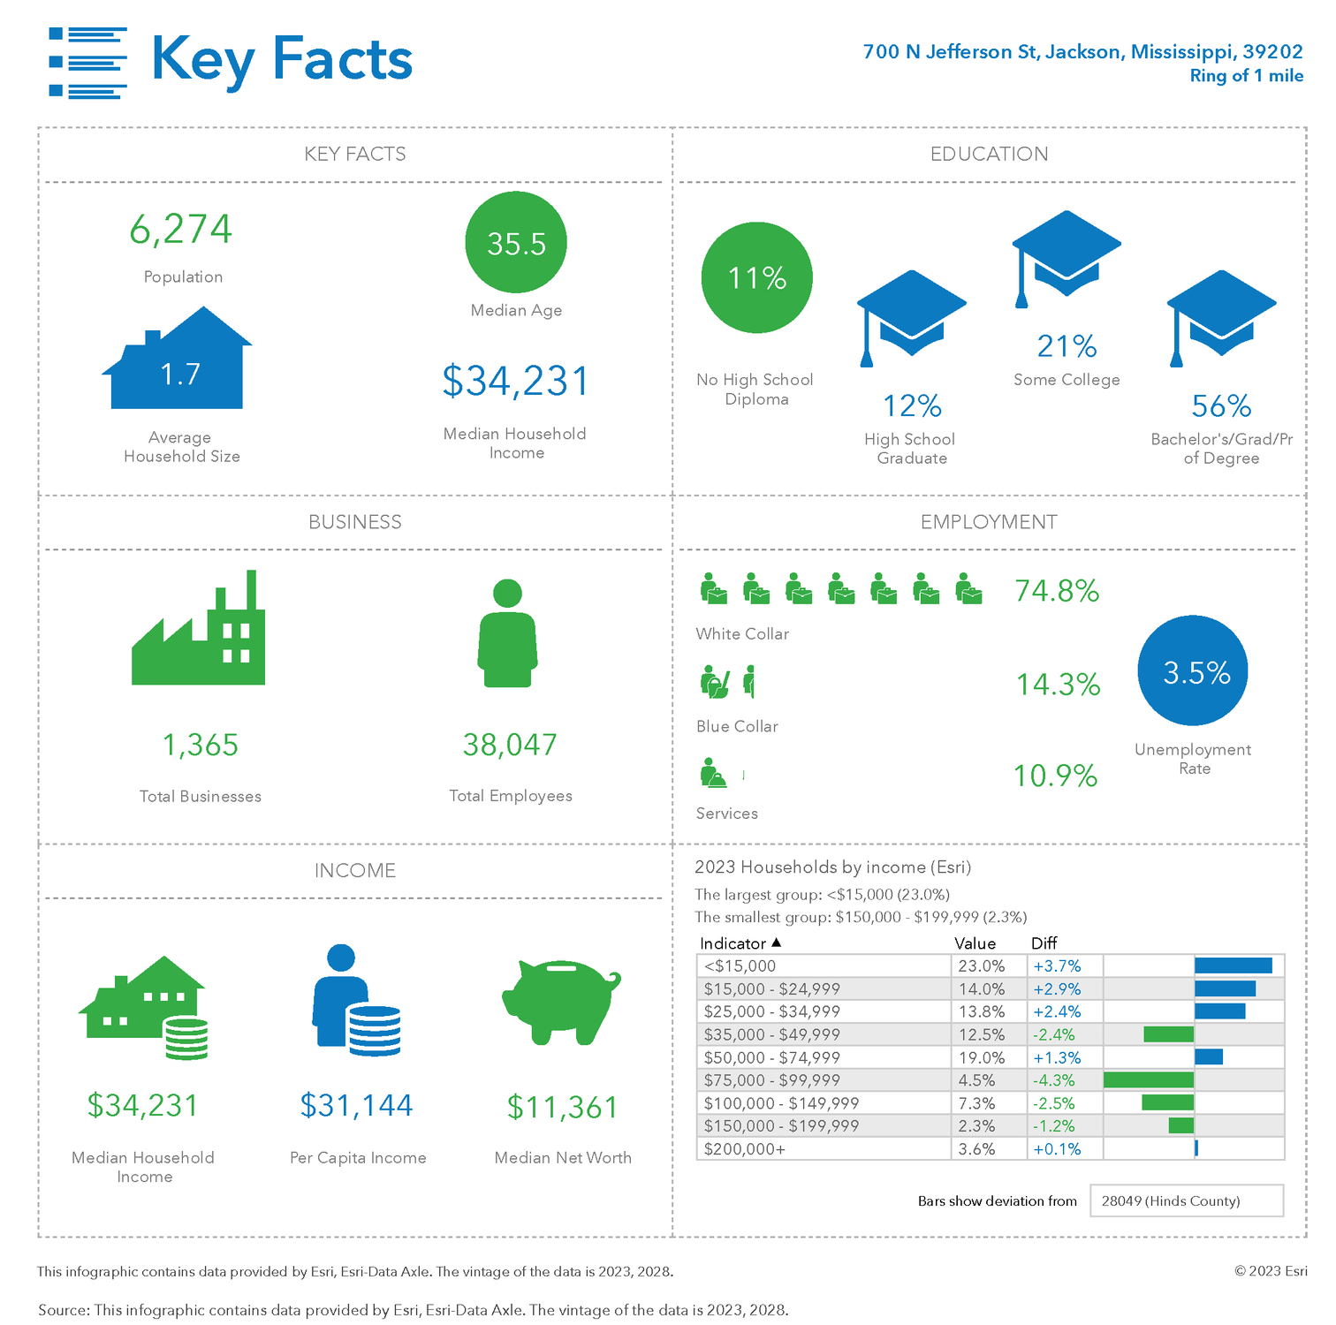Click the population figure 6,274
click(181, 230)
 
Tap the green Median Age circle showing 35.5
click(516, 243)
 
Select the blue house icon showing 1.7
click(178, 362)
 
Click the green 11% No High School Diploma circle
click(756, 277)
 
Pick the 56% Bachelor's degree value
click(1221, 406)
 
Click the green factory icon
click(199, 632)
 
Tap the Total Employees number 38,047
click(510, 745)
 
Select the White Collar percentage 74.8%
click(1057, 591)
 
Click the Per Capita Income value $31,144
click(356, 1105)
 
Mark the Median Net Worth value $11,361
click(562, 1107)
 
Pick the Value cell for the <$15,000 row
click(982, 966)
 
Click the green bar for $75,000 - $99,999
click(1149, 1079)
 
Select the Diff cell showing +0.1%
click(1057, 1149)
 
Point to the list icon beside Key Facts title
click(87, 62)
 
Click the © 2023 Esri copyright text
click(1271, 1271)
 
